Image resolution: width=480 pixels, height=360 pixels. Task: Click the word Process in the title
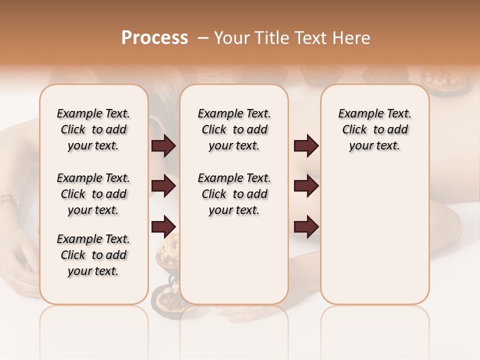pos(154,38)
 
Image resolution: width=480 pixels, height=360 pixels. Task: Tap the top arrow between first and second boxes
pos(163,146)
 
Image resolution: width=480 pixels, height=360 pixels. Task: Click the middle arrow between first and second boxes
pos(163,186)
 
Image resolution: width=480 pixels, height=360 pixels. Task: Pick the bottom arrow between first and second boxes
pos(163,226)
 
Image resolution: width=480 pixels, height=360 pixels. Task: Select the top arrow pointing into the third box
pos(306,146)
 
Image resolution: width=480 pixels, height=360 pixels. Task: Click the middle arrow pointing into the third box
pos(306,186)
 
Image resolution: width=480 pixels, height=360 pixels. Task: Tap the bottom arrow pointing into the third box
pos(306,226)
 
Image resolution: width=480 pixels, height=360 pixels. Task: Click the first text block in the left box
pos(93,129)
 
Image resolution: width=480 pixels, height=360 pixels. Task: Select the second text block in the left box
pos(93,194)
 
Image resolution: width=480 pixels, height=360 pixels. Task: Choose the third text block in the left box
pos(93,255)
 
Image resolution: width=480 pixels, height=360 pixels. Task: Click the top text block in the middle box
pos(234,129)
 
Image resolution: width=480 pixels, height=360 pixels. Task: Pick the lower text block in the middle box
pos(234,194)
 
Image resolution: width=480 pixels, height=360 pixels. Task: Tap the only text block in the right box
pos(374,129)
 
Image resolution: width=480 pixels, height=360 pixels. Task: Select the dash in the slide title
pos(202,38)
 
